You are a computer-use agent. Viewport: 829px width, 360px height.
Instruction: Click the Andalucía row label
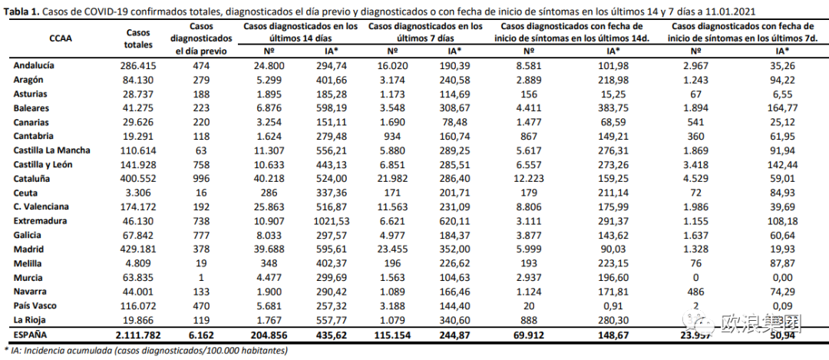pos(34,66)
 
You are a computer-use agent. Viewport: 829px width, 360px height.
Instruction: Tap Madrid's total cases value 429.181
pos(139,249)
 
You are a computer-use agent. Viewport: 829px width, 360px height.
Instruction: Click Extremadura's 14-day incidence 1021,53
pos(332,221)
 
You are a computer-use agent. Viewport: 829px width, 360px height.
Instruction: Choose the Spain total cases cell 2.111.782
pos(139,335)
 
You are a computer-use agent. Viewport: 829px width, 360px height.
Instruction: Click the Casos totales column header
pos(139,38)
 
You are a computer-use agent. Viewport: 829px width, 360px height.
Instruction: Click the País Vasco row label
pos(36,306)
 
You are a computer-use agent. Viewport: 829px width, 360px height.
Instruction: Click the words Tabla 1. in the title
pos(21,12)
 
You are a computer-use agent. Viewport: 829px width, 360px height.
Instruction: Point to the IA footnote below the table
pos(146,351)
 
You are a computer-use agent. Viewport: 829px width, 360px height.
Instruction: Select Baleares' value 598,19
pos(332,108)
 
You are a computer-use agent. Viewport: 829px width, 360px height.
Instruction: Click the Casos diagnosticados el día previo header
pos(200,38)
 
